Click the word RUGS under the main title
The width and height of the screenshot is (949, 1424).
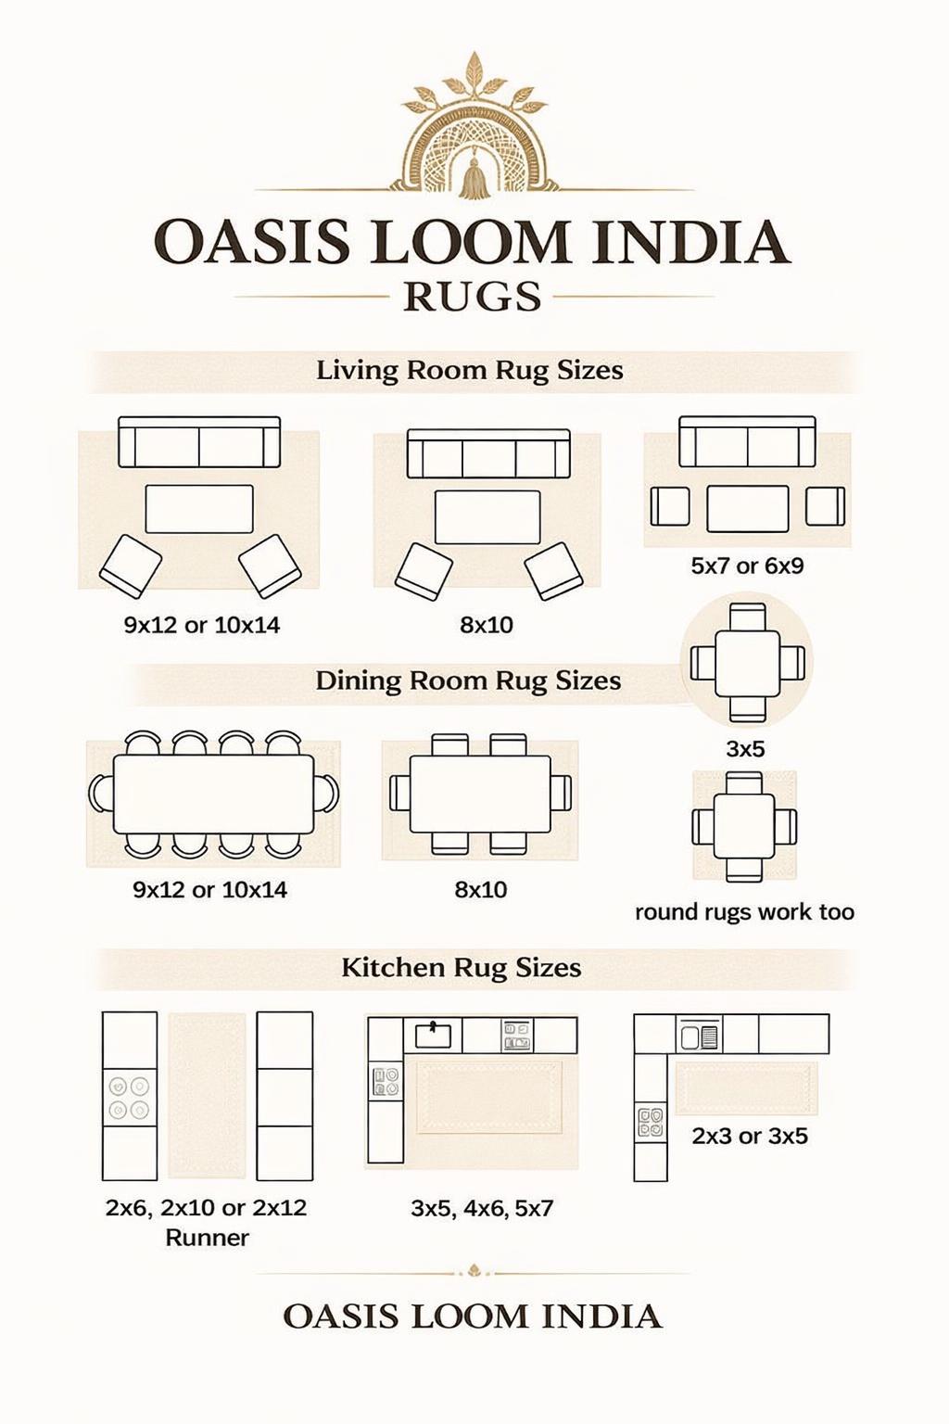473,297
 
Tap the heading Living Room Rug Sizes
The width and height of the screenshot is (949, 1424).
470,371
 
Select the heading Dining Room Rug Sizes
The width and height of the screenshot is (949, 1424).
468,680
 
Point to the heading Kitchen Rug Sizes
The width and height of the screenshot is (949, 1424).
462,968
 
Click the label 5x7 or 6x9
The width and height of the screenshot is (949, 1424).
748,566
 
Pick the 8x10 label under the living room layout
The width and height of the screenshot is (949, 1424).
487,625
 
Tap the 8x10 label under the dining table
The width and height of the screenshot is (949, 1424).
481,889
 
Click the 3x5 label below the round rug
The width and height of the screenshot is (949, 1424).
745,749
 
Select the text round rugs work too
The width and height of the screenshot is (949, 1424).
744,913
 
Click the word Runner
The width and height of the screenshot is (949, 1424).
207,1238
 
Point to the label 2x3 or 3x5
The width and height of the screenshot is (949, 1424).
750,1136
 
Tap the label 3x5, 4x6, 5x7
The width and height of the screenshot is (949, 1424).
482,1209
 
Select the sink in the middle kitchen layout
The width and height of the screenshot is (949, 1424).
433,1035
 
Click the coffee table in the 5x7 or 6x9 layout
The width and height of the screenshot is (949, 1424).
748,509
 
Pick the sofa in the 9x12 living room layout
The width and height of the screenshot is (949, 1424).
199,442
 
